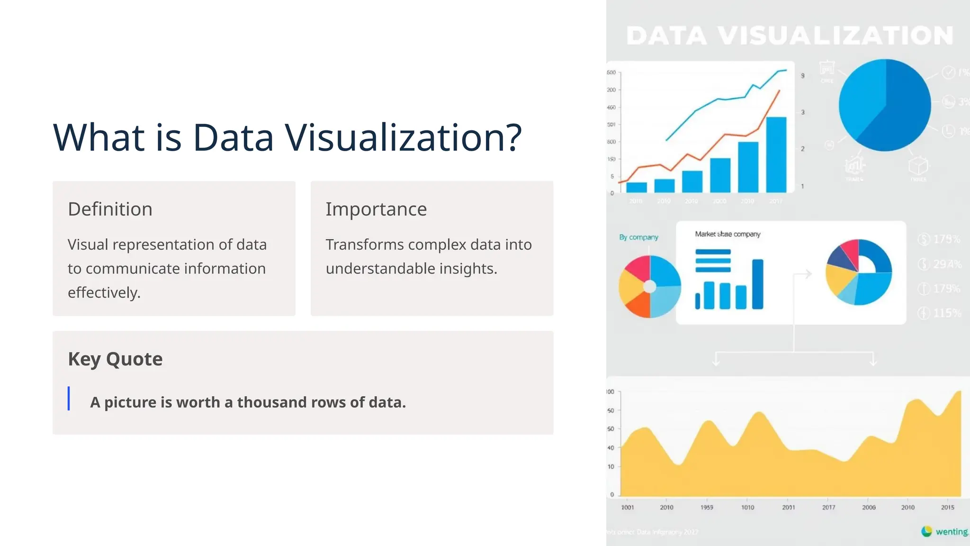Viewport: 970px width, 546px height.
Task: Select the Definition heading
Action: point(110,209)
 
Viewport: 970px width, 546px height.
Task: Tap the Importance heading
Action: point(376,209)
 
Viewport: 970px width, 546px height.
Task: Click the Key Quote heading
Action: point(115,359)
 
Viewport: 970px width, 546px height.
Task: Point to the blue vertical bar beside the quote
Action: point(69,398)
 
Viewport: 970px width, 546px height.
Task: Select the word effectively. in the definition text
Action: point(104,292)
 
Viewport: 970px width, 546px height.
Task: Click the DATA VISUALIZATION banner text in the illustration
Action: point(790,36)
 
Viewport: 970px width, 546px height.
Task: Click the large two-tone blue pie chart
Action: point(884,105)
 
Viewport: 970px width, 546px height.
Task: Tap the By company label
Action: point(638,237)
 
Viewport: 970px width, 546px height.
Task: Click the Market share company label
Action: point(727,234)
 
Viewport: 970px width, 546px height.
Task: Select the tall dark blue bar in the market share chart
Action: point(758,284)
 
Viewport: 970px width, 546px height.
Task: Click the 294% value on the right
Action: point(947,264)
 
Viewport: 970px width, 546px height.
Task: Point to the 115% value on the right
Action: point(947,313)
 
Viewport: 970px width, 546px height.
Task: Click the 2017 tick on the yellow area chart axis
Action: point(828,507)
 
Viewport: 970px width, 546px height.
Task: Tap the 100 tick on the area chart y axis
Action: point(611,391)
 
